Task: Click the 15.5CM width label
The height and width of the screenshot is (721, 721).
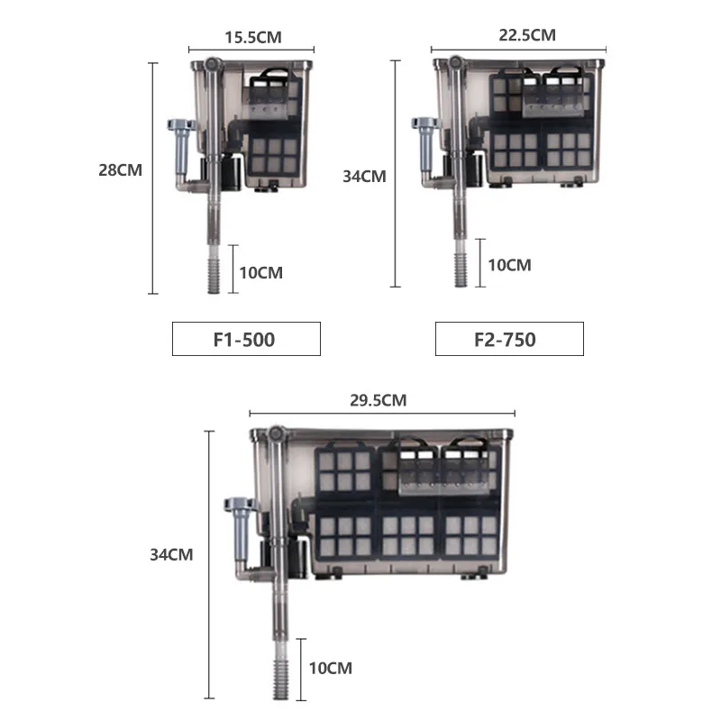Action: (252, 38)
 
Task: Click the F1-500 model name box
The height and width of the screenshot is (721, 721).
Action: (246, 340)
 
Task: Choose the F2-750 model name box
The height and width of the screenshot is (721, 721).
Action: (509, 340)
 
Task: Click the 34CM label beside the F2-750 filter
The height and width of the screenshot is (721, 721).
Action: (365, 176)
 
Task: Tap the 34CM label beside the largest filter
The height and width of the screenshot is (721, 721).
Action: (171, 555)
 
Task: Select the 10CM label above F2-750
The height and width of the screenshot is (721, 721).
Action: (509, 265)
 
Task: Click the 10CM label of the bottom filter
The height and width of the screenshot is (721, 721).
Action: (330, 668)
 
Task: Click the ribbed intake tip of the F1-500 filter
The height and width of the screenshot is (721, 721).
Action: (213, 276)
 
